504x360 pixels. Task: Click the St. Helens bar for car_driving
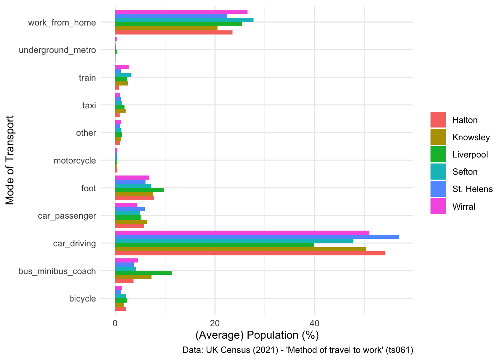[x=257, y=237]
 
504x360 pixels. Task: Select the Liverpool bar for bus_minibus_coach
[x=144, y=273]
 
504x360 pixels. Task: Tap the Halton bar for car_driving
[x=250, y=253]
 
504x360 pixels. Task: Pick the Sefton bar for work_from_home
[x=184, y=20]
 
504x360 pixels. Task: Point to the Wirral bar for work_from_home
[x=181, y=12]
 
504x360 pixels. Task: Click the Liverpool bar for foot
[x=139, y=190]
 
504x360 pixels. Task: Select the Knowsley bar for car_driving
[x=240, y=249]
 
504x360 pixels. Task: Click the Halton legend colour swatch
[x=438, y=120]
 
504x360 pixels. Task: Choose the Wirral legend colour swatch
[x=438, y=207]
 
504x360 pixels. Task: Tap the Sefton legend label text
[x=465, y=172]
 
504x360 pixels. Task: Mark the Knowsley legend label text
[x=471, y=137]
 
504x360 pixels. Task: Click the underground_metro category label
[x=57, y=50]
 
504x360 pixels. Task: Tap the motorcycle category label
[x=75, y=160]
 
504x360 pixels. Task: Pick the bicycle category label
[x=82, y=299]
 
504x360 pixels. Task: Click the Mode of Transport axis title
[x=10, y=160]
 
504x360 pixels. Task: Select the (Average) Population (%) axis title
[x=257, y=335]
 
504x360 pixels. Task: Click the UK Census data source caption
[x=297, y=350]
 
